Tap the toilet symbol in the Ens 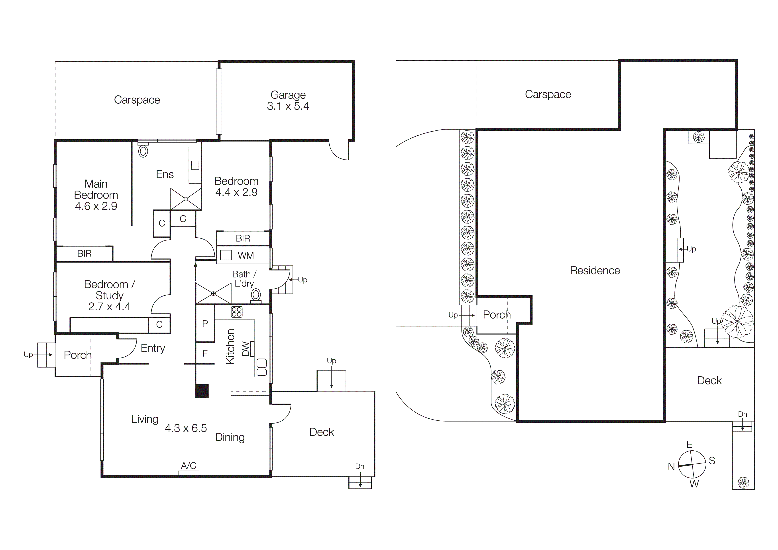coord(143,151)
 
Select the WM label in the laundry coord(246,256)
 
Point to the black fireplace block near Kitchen coord(202,391)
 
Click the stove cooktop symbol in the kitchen coord(236,312)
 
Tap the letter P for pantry coord(205,324)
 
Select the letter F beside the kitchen coord(205,353)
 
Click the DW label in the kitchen coord(246,349)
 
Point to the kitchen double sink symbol coord(262,368)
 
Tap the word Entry coord(153,348)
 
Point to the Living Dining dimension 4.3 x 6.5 coord(186,428)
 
